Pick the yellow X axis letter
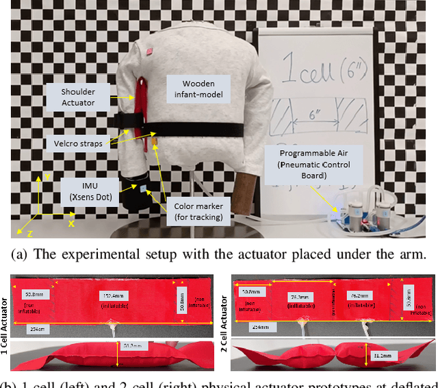(70, 223)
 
